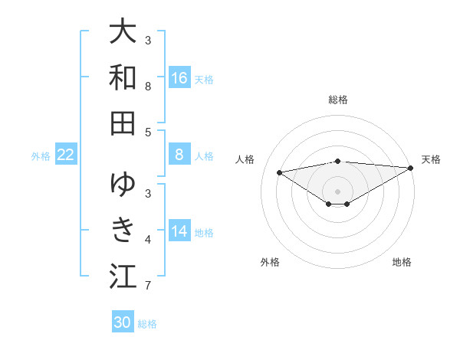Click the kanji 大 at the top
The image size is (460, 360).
pos(123,33)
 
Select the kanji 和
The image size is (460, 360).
pos(123,78)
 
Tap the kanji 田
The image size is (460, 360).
pos(123,123)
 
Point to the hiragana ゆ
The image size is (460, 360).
pos(123,185)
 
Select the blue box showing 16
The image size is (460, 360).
pos(179,78)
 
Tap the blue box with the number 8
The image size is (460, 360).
pos(179,155)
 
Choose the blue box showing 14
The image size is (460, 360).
pos(179,231)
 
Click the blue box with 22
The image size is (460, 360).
pos(66,155)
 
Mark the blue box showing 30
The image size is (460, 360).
pos(123,322)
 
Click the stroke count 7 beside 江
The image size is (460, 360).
pos(147,286)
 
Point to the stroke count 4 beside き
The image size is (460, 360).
pos(147,240)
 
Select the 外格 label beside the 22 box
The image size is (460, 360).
pos(41,155)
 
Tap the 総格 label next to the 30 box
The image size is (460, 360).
pos(147,323)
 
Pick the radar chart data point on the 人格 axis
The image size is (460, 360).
pos(279,172)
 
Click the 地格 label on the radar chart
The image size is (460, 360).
pos(402,262)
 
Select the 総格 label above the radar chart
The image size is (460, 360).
pos(337,100)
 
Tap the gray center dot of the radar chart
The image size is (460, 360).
pos(337,191)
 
